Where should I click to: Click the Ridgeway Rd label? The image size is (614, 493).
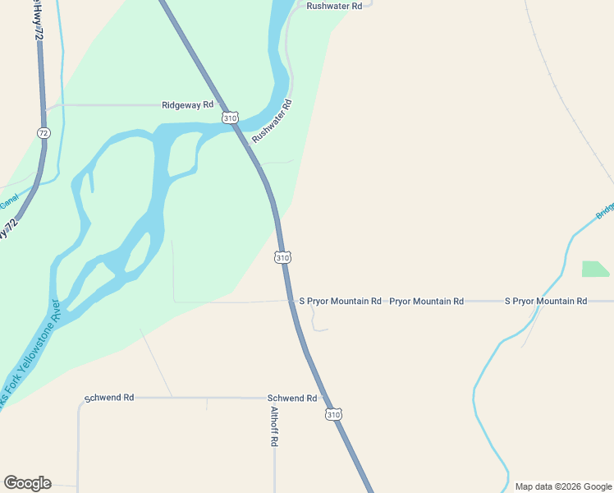coord(187,105)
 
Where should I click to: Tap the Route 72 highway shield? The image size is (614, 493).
coord(44,132)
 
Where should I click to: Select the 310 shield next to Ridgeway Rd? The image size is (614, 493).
coord(230,118)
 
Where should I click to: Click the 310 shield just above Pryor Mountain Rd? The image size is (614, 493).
coord(282,257)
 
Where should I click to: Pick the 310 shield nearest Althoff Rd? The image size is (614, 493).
coord(332,414)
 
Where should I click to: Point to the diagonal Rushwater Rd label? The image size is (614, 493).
coord(272,122)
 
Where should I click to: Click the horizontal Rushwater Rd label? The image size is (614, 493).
coord(334,6)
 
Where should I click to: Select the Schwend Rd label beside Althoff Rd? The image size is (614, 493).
coord(292,398)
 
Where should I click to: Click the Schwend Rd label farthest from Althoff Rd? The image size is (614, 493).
coord(109,398)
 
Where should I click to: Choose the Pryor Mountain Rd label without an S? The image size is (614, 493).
coord(426,302)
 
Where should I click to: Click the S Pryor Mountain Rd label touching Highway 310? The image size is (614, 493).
coord(340,302)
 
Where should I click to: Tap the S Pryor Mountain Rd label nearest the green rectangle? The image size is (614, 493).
coord(545,302)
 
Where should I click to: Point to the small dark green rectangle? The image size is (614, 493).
coord(596,269)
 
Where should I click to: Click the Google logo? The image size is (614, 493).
coord(27,483)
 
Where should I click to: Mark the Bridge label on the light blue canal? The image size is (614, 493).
coord(605,210)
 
